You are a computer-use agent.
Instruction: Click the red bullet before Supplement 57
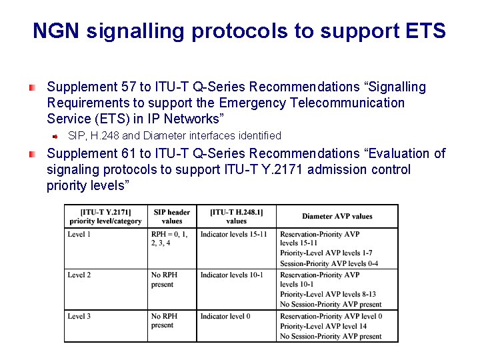(x=31, y=87)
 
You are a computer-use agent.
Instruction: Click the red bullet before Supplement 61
(x=31, y=154)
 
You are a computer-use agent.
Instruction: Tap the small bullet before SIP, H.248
(x=57, y=136)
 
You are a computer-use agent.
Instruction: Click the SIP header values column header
(x=172, y=217)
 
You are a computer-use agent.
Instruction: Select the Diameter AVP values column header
(x=337, y=216)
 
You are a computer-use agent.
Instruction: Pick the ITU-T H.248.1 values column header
(x=237, y=217)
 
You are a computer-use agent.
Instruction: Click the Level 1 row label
(x=79, y=234)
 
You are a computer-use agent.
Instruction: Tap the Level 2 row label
(x=79, y=275)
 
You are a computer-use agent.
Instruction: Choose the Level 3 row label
(x=79, y=316)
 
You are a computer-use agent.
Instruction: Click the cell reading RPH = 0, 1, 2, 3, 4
(x=170, y=239)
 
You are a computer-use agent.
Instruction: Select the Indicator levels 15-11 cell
(x=233, y=234)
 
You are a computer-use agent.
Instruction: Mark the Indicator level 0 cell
(x=225, y=316)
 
